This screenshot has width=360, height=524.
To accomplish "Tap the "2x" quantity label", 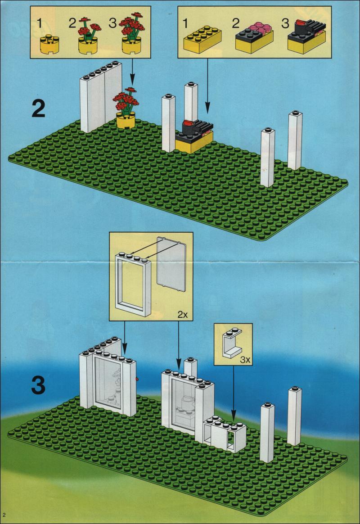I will [182, 315].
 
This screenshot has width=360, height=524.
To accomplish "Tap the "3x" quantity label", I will [245, 360].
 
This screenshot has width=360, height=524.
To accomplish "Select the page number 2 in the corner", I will [4, 514].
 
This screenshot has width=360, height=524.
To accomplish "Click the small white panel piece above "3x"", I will [232, 343].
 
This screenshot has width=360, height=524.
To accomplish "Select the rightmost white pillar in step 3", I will [294, 416].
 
